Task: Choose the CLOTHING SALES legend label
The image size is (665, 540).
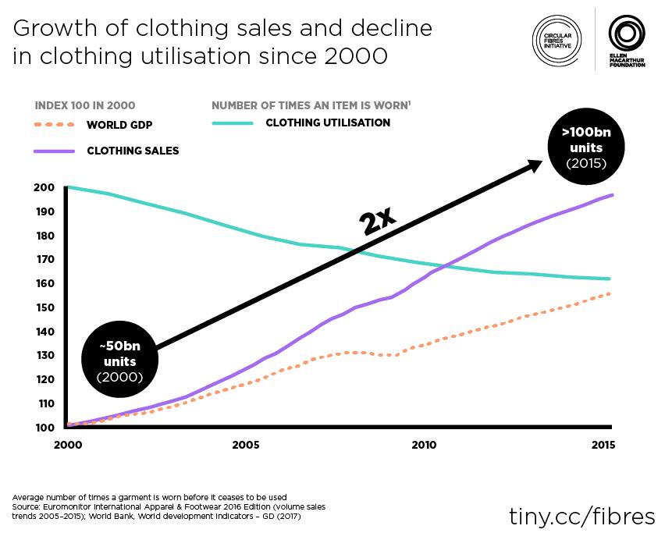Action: (x=133, y=151)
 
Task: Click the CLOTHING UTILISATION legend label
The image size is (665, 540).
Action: (x=328, y=123)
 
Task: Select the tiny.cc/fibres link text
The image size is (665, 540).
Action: (x=581, y=516)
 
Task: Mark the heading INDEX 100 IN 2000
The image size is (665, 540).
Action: (x=85, y=106)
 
